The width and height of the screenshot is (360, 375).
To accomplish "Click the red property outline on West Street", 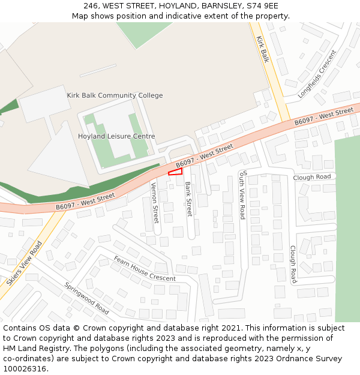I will tap(175, 172).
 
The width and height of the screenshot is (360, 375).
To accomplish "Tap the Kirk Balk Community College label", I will tap(115, 95).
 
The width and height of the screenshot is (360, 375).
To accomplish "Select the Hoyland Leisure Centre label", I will tap(116, 136).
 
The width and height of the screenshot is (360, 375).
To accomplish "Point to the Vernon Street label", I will tap(155, 202).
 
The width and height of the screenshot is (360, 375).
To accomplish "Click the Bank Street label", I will tap(188, 199).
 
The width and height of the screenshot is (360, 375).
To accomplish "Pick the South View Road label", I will tap(242, 194).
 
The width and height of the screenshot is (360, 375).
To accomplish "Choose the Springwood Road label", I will tap(86, 298).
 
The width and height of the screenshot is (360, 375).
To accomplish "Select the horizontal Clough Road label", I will tap(312, 178).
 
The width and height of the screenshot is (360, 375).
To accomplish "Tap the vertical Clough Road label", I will tap(293, 264).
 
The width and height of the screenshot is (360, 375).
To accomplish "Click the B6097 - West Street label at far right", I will tap(323, 118).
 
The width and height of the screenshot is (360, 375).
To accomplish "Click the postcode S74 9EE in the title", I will tap(264, 5).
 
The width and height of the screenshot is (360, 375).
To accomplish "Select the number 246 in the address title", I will tap(91, 5).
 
